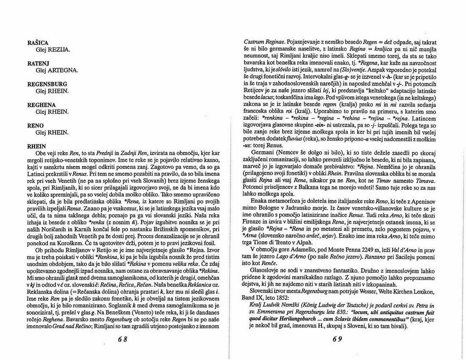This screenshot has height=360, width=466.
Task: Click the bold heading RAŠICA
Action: point(38,43)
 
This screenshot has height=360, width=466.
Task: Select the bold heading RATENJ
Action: point(38,63)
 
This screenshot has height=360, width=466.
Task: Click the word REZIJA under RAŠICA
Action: point(59,50)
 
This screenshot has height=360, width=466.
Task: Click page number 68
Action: point(123,339)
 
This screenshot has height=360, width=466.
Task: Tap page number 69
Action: point(337,339)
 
